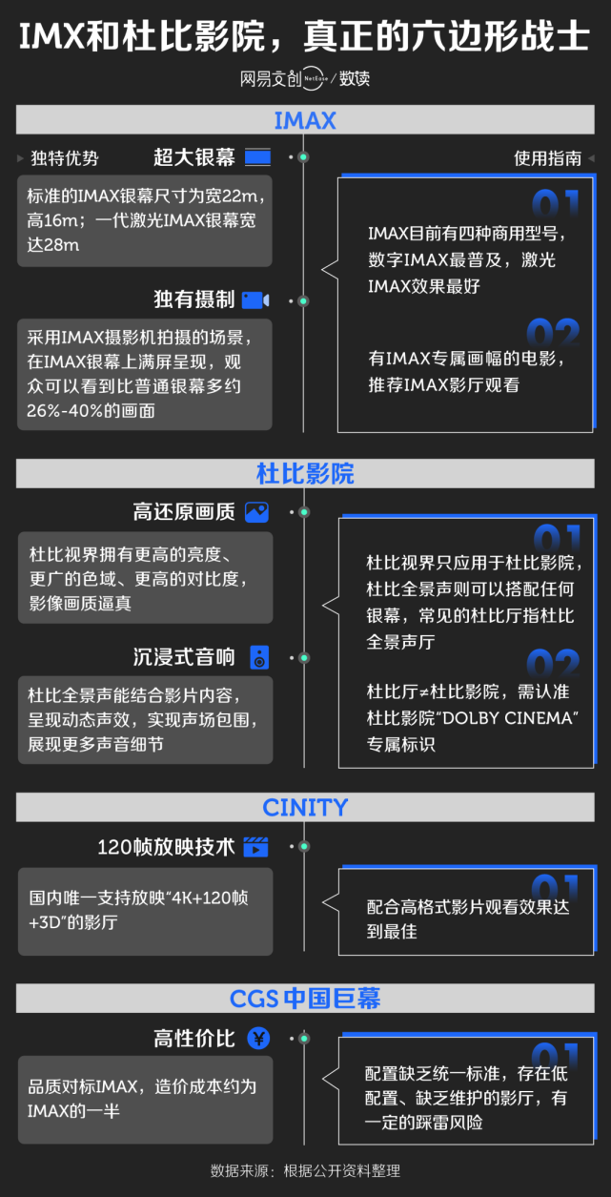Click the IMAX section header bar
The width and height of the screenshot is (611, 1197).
click(305, 120)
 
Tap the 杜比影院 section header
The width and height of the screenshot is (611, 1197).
click(305, 474)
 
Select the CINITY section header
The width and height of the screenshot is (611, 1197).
click(305, 808)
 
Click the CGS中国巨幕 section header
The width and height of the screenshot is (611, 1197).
click(305, 999)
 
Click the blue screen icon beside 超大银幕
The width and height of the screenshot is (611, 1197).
click(257, 157)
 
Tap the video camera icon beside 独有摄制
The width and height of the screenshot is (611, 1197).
click(255, 300)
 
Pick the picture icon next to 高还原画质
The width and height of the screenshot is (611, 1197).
click(256, 512)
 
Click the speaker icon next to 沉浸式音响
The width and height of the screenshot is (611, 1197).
click(259, 657)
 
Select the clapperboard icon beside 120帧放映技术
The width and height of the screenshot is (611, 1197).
click(255, 846)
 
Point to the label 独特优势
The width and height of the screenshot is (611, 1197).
click(64, 158)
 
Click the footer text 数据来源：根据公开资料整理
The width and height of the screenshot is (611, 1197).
click(305, 1170)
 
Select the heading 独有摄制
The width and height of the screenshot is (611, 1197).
click(193, 300)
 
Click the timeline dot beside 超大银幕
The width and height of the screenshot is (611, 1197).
click(303, 157)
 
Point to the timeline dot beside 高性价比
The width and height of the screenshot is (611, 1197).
click(303, 1038)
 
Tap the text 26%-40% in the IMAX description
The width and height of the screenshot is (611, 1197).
click(71, 411)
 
